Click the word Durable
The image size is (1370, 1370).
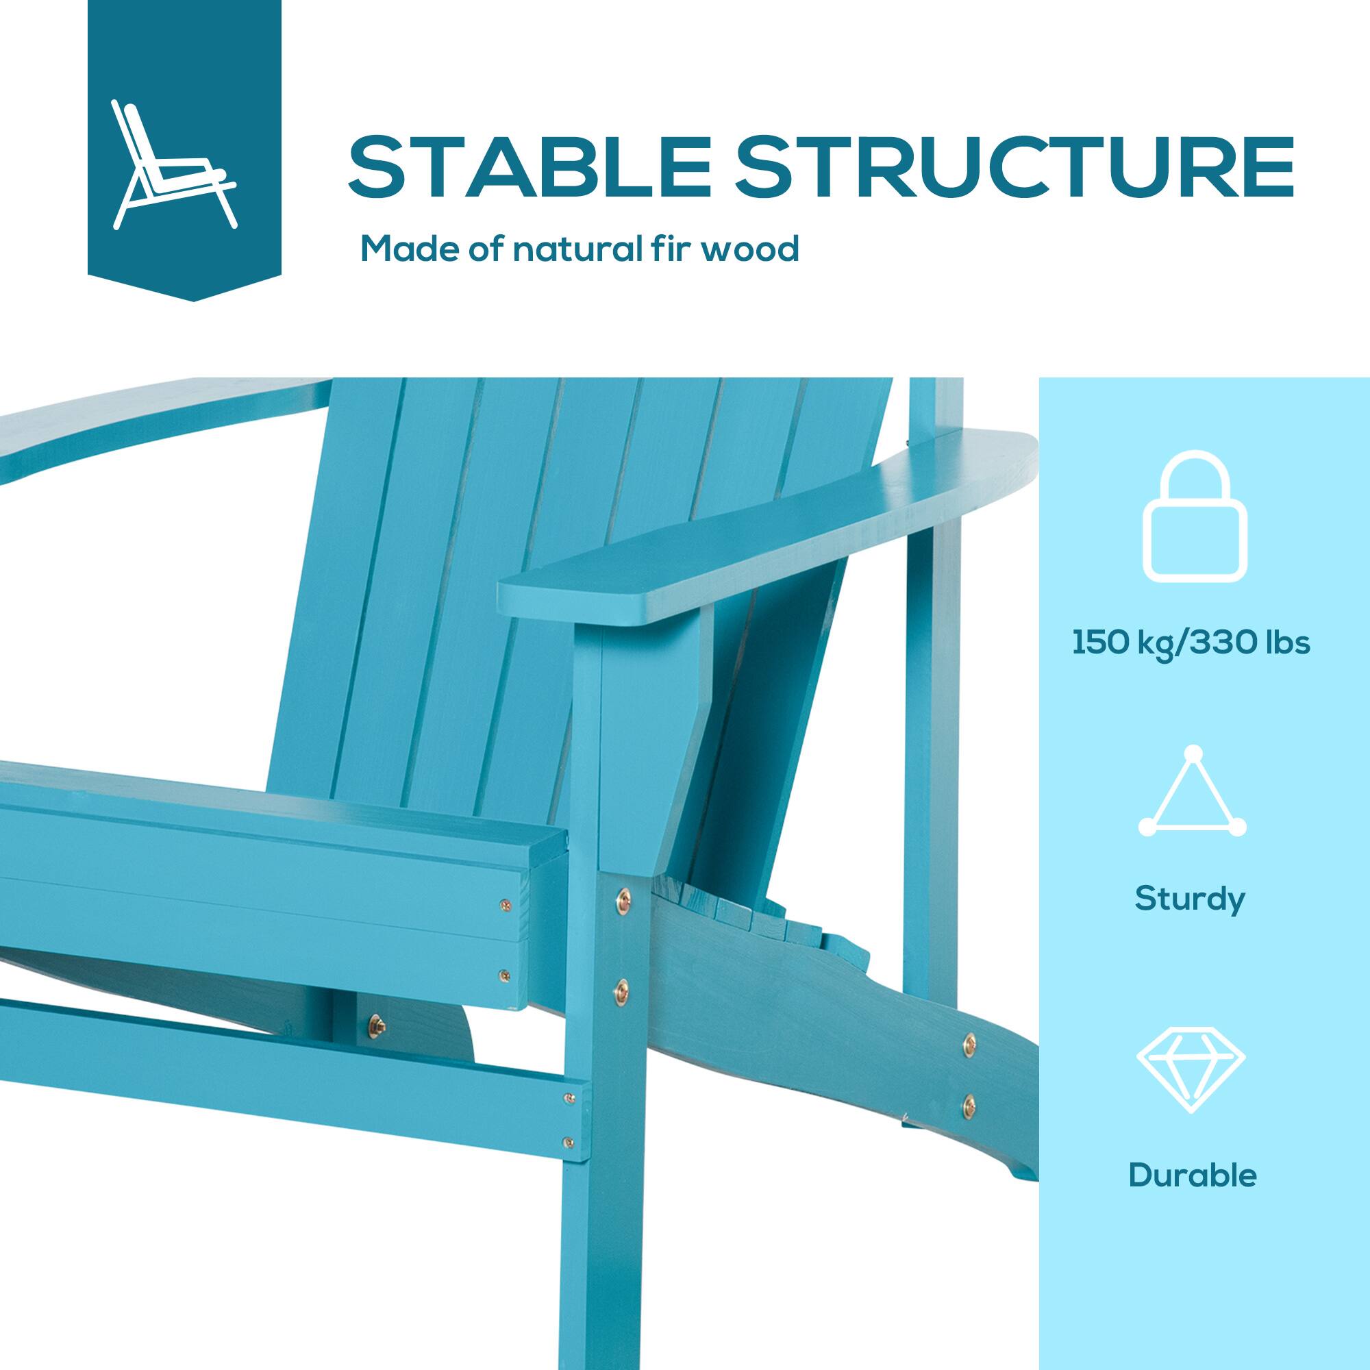coord(1192,1175)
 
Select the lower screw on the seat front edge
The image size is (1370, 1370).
coord(504,975)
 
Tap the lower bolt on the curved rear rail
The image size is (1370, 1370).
coord(969,1101)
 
